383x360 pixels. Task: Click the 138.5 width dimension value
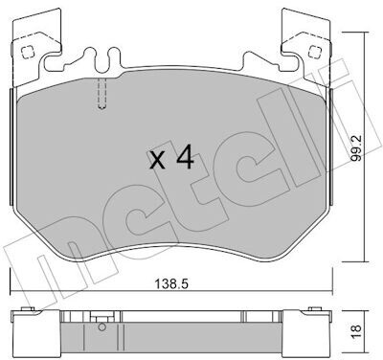[x=171, y=282]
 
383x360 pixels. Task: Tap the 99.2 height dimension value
[x=356, y=147]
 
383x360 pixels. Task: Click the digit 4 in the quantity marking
[x=185, y=156]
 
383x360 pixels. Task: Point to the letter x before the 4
[x=157, y=160]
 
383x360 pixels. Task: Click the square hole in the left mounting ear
[x=27, y=52]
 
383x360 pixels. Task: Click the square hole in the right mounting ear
[x=315, y=51]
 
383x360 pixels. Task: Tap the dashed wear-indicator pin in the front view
[x=101, y=94]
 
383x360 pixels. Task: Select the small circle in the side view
[x=101, y=327]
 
